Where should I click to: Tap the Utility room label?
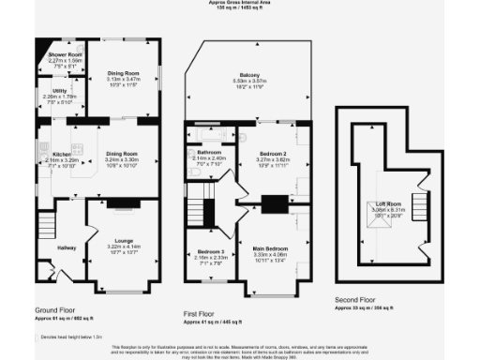[x=58, y=91]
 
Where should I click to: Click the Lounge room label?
[x=124, y=241]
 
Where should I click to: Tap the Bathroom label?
[x=209, y=152]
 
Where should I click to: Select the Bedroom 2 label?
[x=275, y=152]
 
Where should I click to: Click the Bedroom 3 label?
[x=210, y=250]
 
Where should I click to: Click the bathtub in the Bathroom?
[x=208, y=135]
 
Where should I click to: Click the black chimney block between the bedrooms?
[x=275, y=202]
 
